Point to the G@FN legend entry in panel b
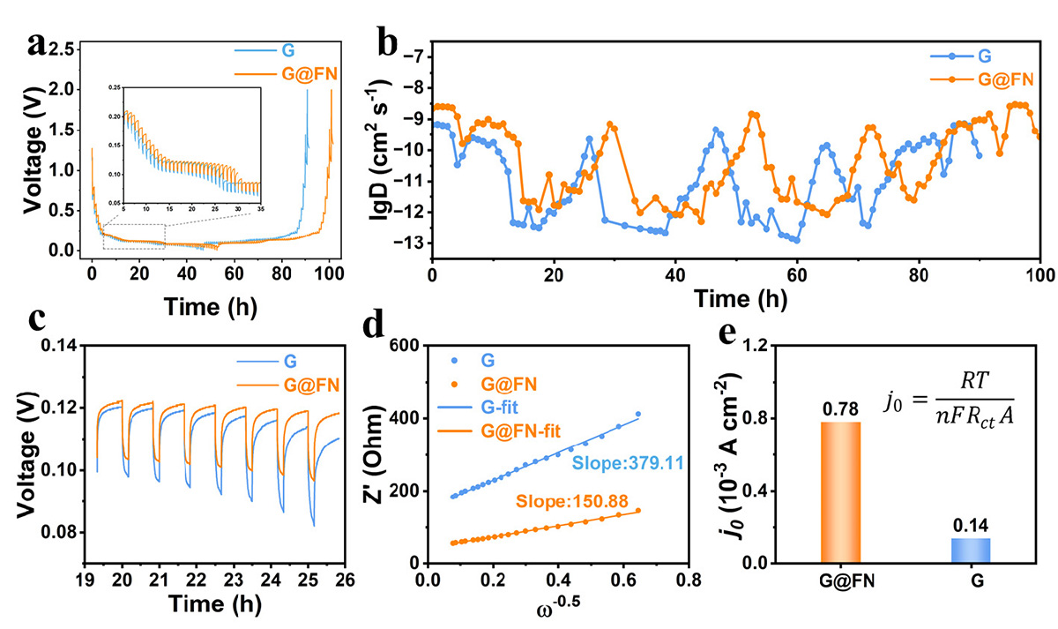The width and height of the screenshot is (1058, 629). [979, 79]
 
